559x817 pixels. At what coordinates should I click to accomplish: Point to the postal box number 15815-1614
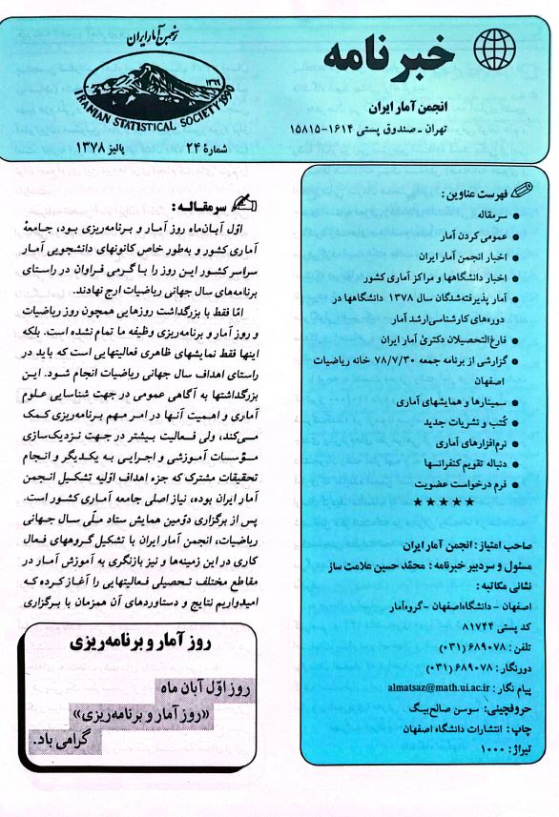(323, 128)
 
